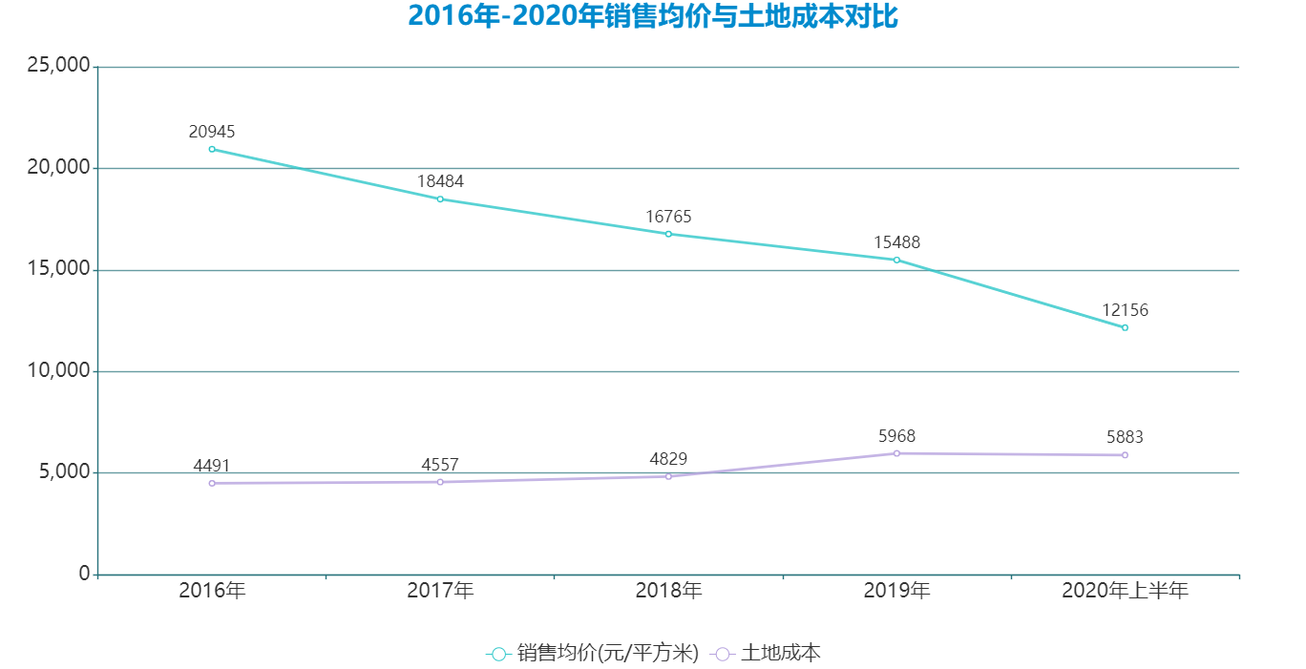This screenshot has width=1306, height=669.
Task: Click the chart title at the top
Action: pos(653,16)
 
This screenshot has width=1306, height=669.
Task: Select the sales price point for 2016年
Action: pos(212,149)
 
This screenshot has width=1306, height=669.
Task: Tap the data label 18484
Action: pos(440,180)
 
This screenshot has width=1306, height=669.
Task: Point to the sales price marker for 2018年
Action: pos(668,234)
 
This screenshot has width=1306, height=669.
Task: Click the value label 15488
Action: pos(896,242)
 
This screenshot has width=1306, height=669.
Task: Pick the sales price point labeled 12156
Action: pos(1125,327)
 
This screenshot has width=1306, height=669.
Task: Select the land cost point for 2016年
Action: pos(212,483)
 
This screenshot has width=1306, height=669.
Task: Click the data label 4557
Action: pos(440,465)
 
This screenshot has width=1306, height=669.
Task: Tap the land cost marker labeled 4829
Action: pos(668,476)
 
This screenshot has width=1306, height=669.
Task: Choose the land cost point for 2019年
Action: pos(896,453)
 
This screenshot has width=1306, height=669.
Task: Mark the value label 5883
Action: pos(1125,437)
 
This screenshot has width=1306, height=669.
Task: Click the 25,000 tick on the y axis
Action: pos(59,66)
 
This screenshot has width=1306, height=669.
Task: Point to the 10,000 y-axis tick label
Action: pos(59,370)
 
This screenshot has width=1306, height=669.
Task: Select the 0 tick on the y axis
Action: pos(84,574)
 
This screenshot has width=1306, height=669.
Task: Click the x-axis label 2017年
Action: pos(440,591)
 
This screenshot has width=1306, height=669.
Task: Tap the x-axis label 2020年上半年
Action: pos(1125,591)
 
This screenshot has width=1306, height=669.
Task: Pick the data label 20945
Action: pos(212,131)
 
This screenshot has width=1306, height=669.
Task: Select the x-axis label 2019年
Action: pos(896,591)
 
